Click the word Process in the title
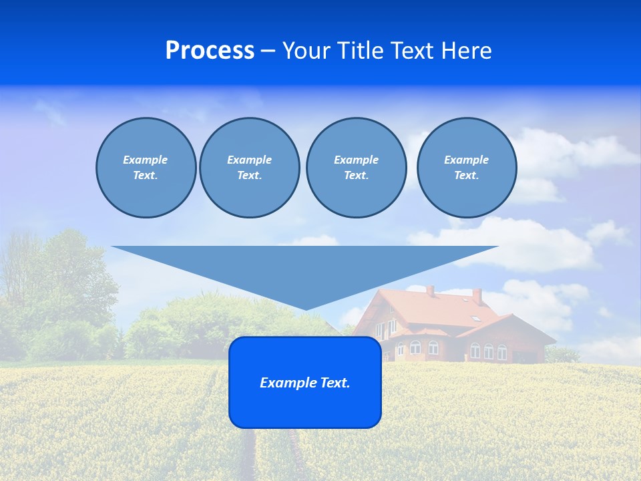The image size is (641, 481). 210,51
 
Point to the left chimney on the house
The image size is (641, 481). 431,291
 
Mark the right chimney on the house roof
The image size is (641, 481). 477,296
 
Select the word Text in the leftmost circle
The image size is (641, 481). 145,176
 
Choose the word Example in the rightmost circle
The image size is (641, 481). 466,160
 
